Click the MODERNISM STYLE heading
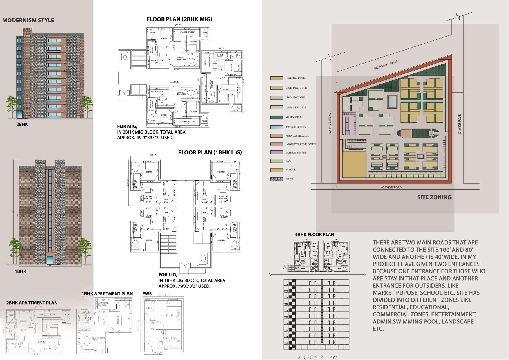28,20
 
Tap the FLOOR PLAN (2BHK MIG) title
179,19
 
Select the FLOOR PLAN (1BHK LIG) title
210,152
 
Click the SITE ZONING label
434,197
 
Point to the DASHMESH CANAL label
386,65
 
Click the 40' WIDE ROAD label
391,188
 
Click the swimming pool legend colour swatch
276,127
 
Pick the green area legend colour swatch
276,117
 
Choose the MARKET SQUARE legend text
296,153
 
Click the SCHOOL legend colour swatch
276,170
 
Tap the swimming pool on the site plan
392,101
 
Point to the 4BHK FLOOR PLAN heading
314,235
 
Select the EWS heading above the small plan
147,294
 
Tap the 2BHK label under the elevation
22,124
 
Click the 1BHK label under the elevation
20,271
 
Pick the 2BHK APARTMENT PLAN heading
32,303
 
